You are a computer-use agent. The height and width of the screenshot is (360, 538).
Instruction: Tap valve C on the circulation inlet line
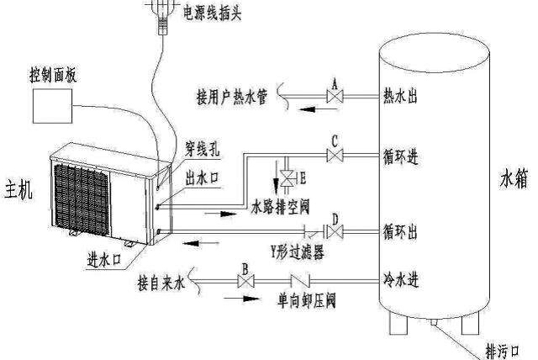coord(334,156)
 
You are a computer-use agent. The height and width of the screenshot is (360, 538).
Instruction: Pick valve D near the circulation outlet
coord(335,231)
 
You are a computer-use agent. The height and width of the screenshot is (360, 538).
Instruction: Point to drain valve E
coord(287,178)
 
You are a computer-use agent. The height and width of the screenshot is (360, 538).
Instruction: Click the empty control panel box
coord(51,107)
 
